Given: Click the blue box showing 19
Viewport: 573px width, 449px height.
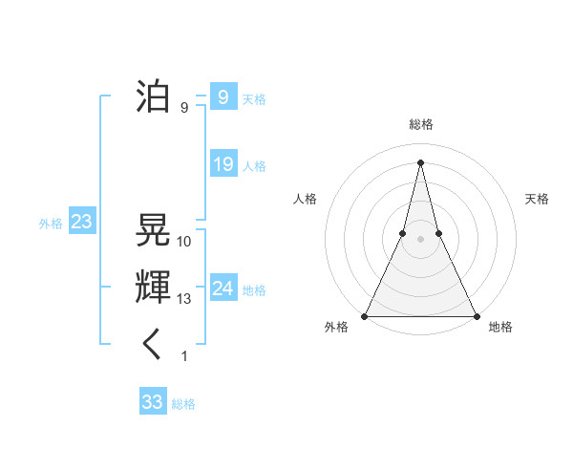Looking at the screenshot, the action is (x=223, y=164).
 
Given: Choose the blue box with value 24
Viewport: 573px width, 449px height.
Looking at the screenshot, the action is (x=223, y=289).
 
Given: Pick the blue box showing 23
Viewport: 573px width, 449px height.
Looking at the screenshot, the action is (x=81, y=223).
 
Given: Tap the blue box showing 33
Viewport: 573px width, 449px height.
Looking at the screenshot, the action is (x=152, y=402).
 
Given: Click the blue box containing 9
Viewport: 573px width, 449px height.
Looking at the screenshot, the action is (x=223, y=97).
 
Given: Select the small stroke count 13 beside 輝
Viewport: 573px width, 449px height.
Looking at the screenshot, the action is (x=184, y=299).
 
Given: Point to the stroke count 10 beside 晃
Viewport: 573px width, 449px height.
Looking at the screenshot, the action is (x=184, y=241).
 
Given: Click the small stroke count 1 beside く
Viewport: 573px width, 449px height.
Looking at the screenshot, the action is (x=184, y=356).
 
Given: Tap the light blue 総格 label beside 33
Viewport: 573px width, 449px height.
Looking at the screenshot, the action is (x=183, y=404).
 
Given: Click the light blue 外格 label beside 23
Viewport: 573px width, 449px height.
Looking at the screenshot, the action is (x=51, y=224).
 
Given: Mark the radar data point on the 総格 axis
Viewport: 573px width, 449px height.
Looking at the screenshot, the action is (x=420, y=161).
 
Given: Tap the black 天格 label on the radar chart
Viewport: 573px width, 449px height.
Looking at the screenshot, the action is (x=538, y=199).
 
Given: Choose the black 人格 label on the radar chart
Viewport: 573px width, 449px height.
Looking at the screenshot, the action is (x=306, y=199).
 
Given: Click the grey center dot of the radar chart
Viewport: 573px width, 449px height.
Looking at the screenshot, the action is (x=420, y=240).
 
